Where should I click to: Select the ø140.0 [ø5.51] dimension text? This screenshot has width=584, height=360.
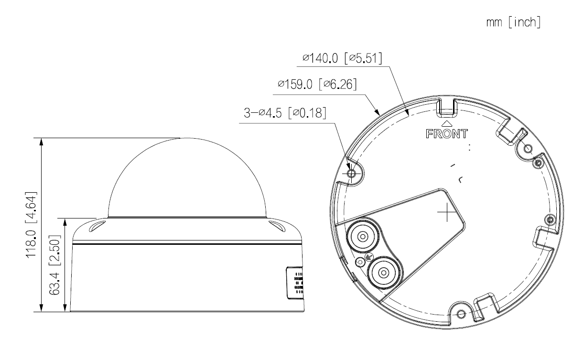tap(345, 59)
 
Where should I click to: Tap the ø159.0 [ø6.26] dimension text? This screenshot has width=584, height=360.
tap(318, 85)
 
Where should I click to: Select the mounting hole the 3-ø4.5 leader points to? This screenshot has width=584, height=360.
tap(351, 174)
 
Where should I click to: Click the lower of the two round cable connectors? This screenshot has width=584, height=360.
tap(382, 272)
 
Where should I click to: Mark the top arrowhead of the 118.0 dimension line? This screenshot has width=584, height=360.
tap(42, 142)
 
